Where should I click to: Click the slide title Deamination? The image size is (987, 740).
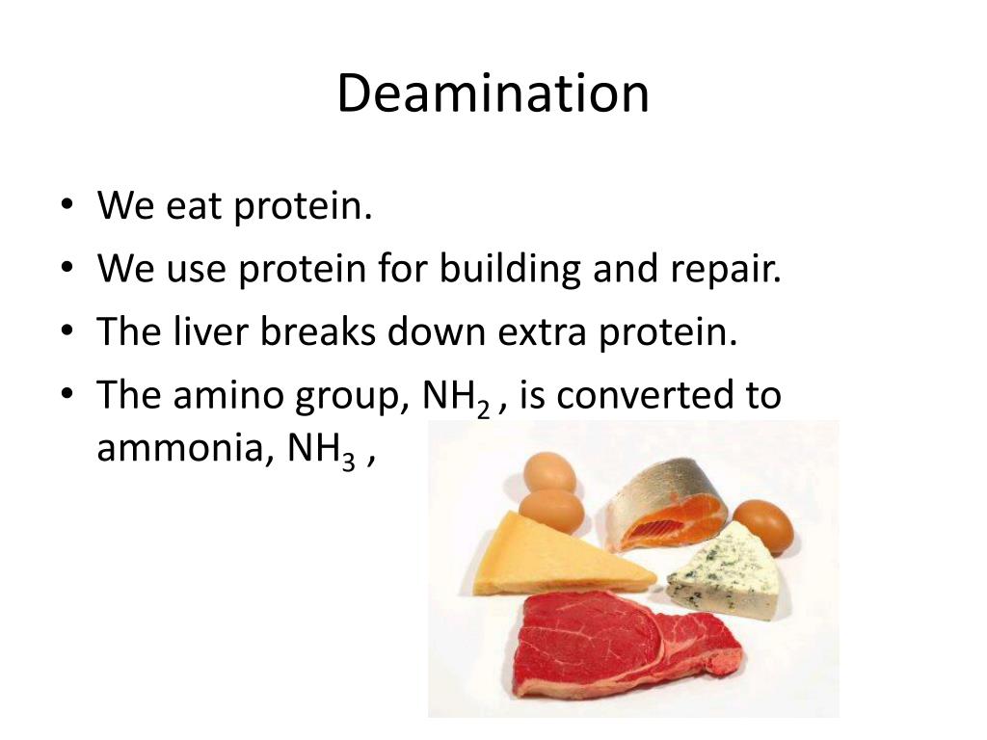(493, 94)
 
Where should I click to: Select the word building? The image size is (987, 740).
(510, 270)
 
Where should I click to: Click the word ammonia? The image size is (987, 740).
(179, 450)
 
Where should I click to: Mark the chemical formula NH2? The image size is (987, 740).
(456, 397)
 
